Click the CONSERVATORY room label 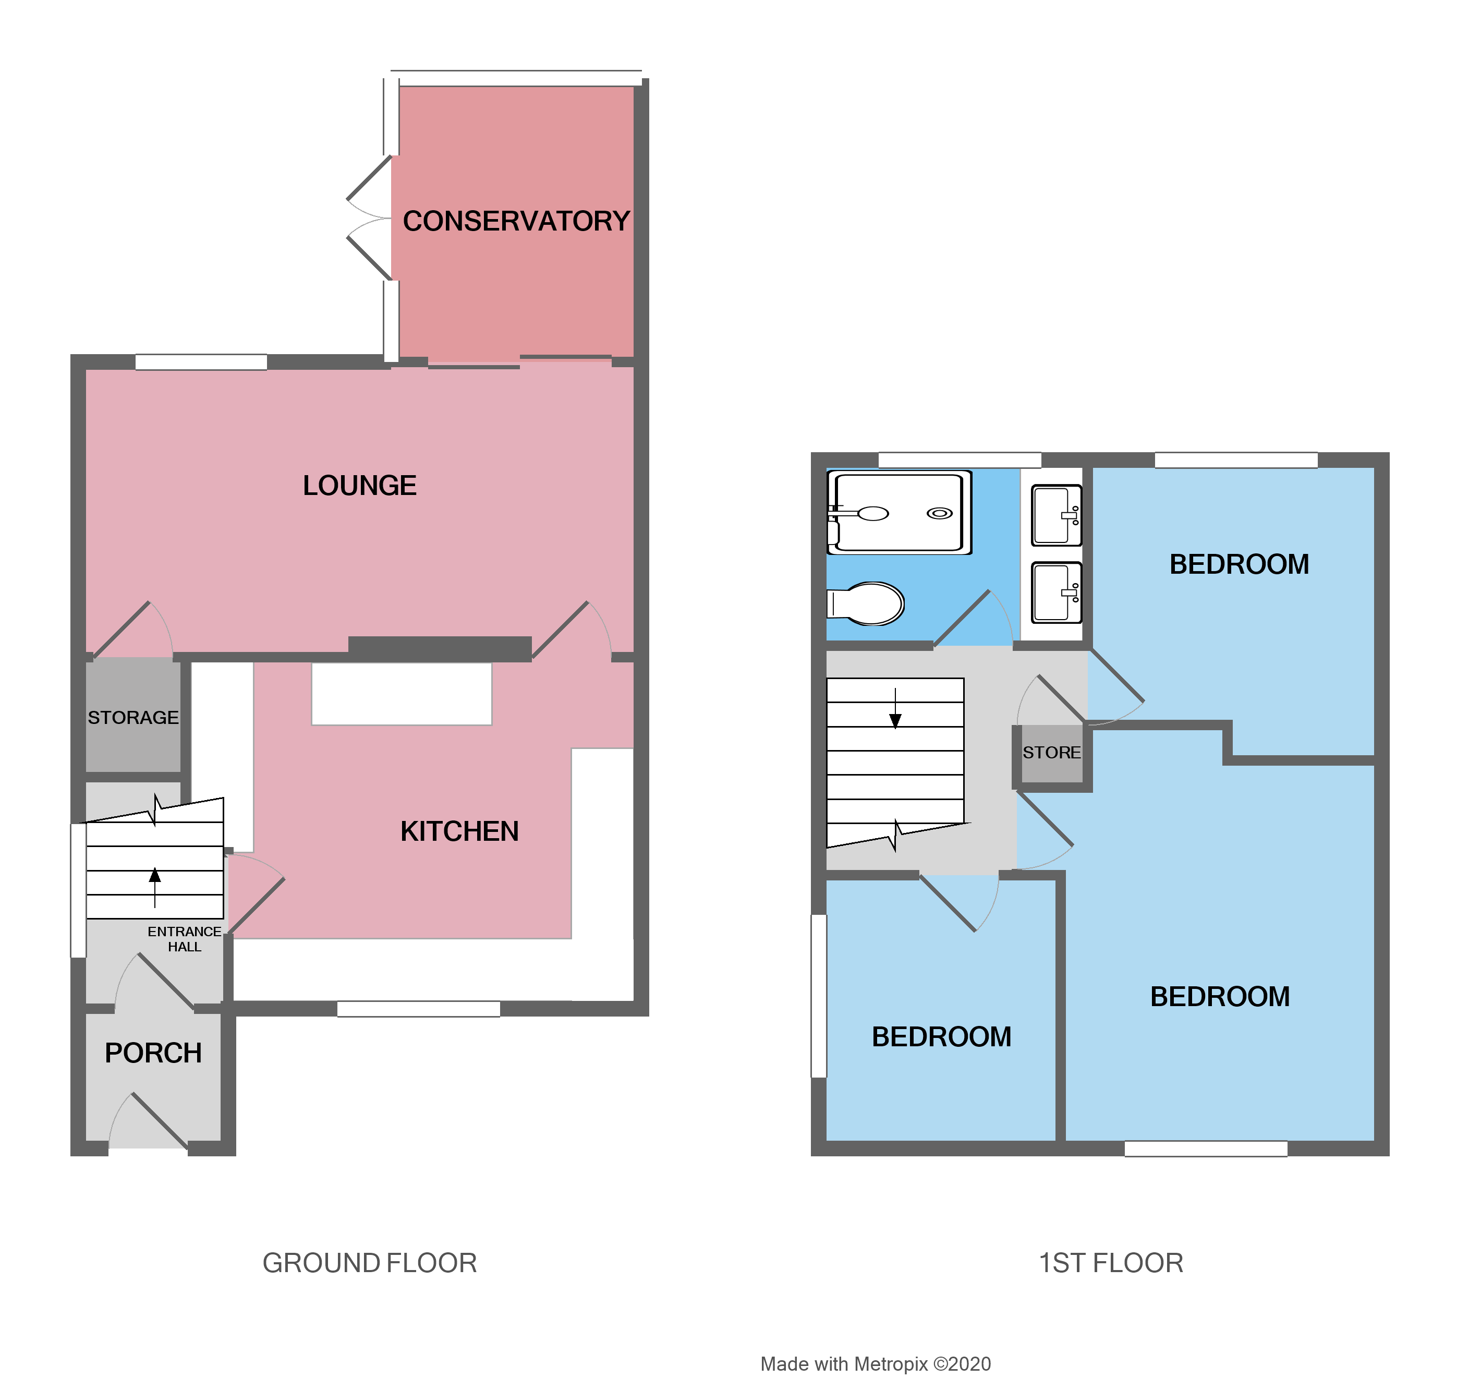[x=516, y=221]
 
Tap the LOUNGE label [x=359, y=486]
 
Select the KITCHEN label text [x=459, y=832]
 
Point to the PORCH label [x=153, y=1053]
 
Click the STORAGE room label [x=133, y=718]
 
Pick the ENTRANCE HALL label [x=184, y=939]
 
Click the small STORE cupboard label [x=1051, y=753]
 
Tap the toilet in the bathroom [x=868, y=603]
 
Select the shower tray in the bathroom [x=900, y=513]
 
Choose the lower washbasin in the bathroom [x=1055, y=593]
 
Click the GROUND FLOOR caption [x=370, y=1263]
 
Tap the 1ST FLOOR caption [x=1111, y=1263]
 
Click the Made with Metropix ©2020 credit [x=876, y=1364]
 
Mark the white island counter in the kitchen [x=402, y=694]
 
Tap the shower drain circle [x=939, y=513]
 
